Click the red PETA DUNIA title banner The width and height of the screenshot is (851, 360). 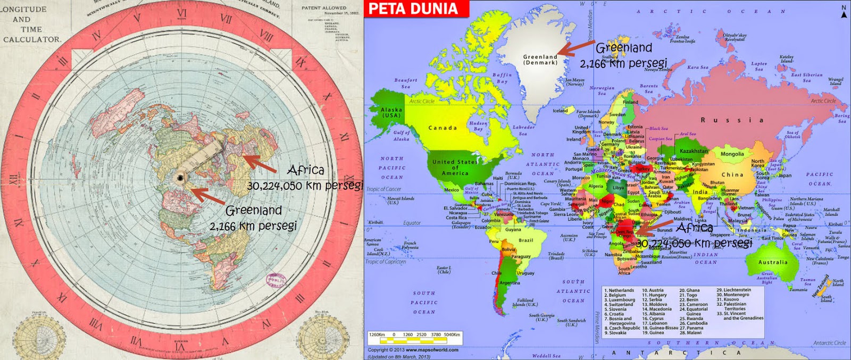[x=414, y=9]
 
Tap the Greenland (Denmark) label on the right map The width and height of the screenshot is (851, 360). [x=540, y=60]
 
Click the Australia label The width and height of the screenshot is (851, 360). [x=773, y=262]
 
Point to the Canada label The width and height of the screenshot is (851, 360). [x=443, y=128]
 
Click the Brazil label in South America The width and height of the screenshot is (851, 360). [x=526, y=240]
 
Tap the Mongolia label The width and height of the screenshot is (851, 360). [x=732, y=154]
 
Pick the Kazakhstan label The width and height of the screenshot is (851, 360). [x=694, y=151]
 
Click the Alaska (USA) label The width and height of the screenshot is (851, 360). [x=391, y=112]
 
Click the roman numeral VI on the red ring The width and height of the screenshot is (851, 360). [x=182, y=13]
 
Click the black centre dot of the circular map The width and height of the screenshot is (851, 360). [x=181, y=177]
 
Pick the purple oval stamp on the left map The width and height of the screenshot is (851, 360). [x=276, y=280]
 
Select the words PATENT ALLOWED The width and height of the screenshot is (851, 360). [x=323, y=8]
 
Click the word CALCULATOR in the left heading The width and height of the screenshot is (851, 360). [x=32, y=39]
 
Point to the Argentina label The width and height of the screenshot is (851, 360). [x=510, y=283]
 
